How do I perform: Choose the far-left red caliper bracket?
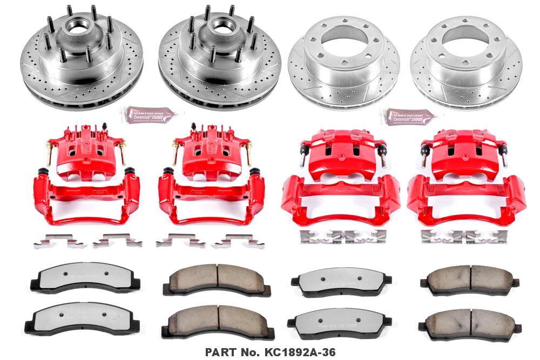pos(86,197)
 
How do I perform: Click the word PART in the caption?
pos(219,352)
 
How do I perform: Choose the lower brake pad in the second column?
pos(218,321)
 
